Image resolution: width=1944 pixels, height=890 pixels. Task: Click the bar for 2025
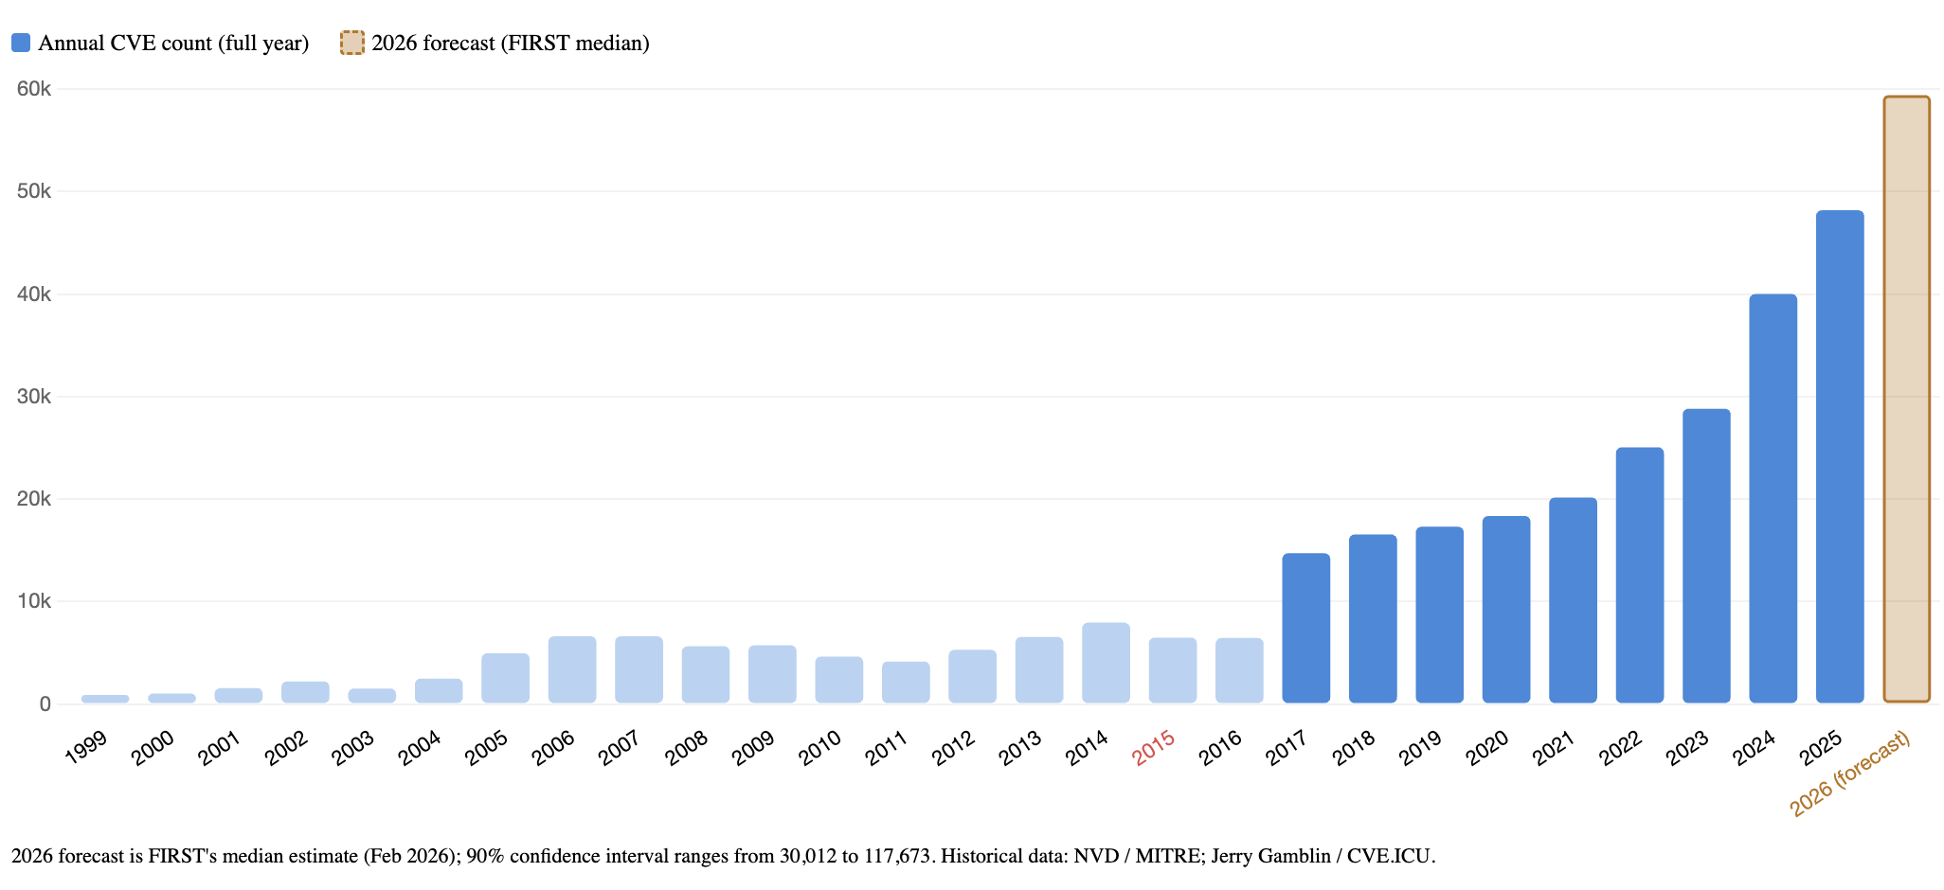tap(1839, 456)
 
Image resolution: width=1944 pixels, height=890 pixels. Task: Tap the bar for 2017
tap(1305, 628)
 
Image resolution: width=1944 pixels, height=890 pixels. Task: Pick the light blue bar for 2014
tap(1106, 663)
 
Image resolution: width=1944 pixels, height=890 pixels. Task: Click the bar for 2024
tap(1773, 498)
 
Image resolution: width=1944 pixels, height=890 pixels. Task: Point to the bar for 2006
tap(572, 669)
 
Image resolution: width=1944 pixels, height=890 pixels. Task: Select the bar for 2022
tap(1639, 575)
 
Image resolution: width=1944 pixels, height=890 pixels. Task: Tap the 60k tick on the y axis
tap(34, 89)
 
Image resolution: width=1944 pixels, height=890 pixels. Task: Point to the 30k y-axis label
tap(34, 397)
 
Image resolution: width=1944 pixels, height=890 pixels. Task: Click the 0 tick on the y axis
tap(45, 704)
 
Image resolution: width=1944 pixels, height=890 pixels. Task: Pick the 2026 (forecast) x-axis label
tap(1849, 774)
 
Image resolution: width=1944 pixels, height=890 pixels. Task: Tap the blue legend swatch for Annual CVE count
tap(21, 43)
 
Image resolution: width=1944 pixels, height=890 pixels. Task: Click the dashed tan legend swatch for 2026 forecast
tap(351, 43)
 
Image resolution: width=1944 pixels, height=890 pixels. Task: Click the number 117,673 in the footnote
tap(896, 857)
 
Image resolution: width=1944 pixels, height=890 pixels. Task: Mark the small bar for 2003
tap(372, 695)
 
